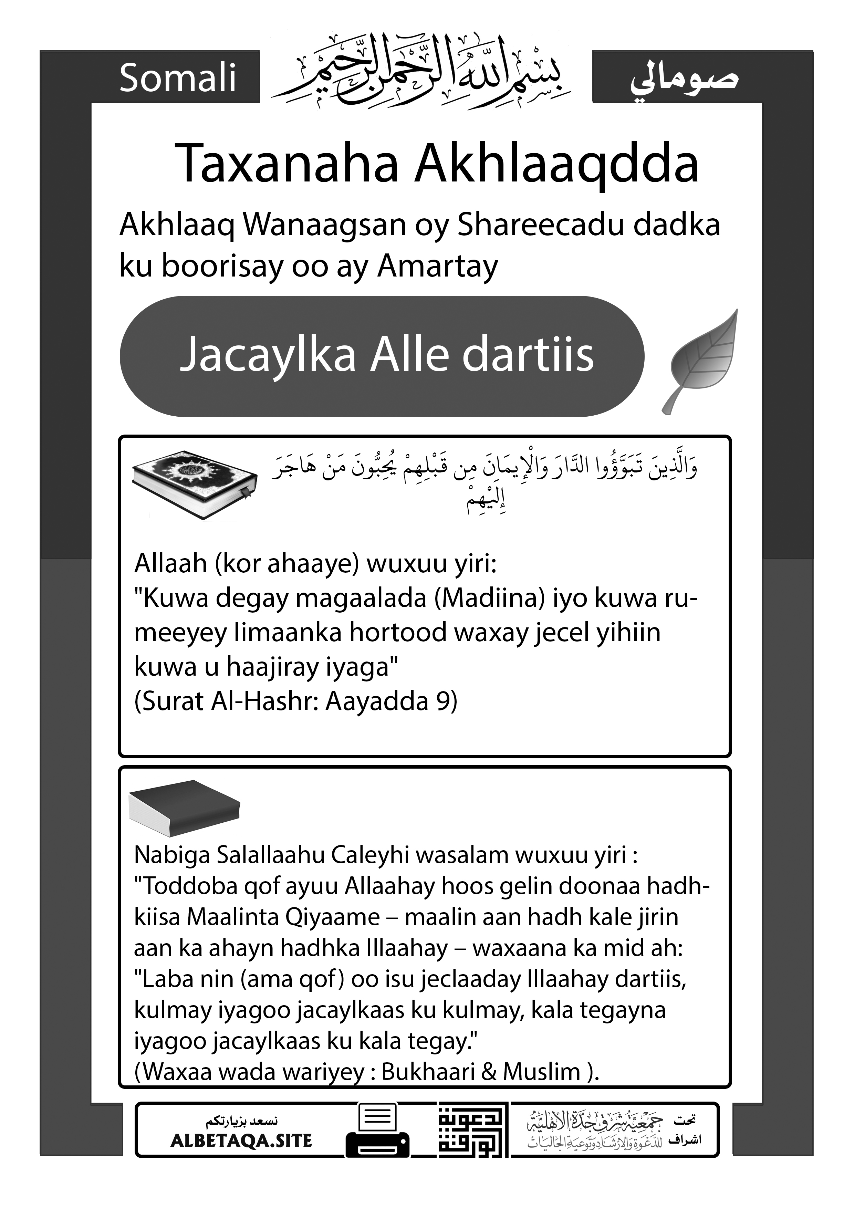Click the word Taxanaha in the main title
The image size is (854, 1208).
[287, 164]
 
